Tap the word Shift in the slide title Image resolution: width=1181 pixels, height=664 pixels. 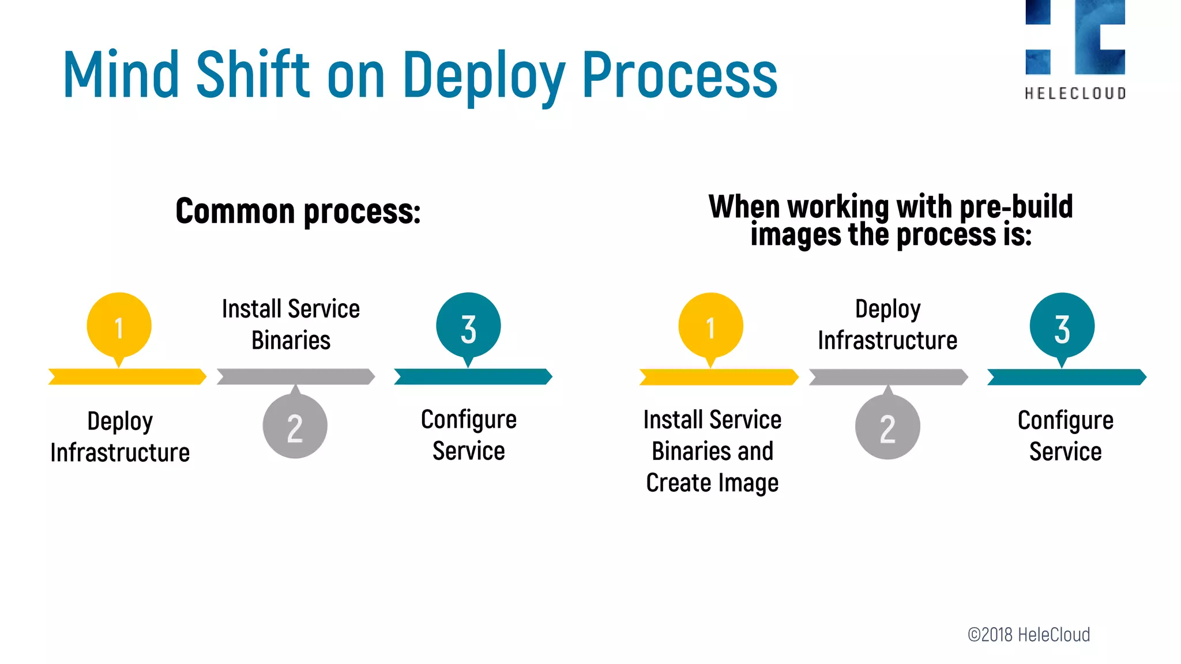(x=253, y=74)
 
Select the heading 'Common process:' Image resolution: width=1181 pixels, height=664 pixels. (x=298, y=211)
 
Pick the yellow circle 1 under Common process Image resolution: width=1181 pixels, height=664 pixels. (x=119, y=326)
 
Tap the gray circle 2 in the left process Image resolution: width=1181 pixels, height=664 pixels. (x=295, y=427)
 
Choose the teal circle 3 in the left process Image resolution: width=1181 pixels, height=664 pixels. (x=468, y=326)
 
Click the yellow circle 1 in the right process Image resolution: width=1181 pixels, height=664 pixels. (x=710, y=326)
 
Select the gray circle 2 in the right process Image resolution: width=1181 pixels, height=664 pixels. (x=887, y=427)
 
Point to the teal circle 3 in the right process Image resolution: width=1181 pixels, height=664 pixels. (x=1062, y=326)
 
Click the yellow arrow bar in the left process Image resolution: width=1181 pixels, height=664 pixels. (x=127, y=376)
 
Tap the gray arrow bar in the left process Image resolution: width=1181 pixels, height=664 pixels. (x=296, y=376)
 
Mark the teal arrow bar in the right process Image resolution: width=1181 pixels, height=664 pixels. (x=1066, y=377)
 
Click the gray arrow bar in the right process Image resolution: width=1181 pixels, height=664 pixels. (x=888, y=377)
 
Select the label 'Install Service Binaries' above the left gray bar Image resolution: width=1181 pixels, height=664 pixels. (x=291, y=325)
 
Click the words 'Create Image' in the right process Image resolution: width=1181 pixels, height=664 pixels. (x=712, y=483)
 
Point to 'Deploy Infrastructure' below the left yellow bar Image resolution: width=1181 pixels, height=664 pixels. (x=120, y=437)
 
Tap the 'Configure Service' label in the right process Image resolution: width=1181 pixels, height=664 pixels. (x=1065, y=436)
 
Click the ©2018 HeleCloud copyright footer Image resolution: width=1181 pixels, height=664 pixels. (x=1029, y=635)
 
